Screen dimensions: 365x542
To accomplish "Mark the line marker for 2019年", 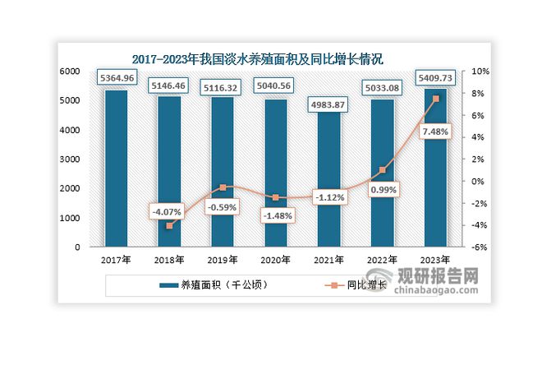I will [222, 187].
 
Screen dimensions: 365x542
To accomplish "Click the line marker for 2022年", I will [381, 170].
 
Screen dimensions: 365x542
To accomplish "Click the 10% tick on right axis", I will [479, 72].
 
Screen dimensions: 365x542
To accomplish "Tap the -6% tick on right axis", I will [479, 247].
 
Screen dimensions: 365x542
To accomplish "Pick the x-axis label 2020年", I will [275, 261].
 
